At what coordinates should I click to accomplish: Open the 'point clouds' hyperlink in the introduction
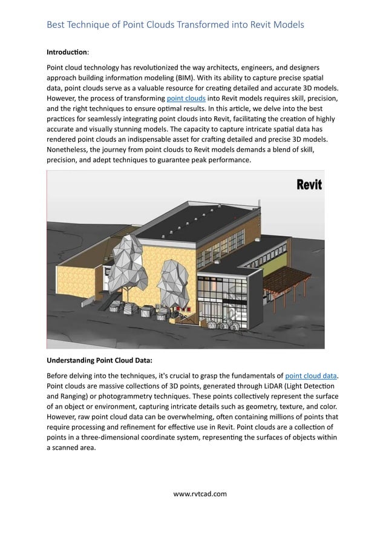point(186,97)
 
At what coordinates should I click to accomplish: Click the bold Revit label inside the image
point(309,185)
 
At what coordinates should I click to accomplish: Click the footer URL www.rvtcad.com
point(200,493)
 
